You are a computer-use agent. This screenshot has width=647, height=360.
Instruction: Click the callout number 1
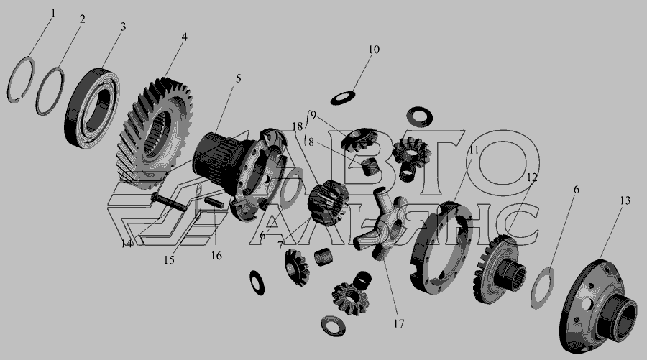[x=52, y=13]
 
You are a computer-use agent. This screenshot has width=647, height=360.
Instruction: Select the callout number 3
[x=123, y=27]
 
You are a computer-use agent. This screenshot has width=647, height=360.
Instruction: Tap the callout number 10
[x=373, y=50]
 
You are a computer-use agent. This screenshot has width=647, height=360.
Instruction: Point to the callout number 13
[x=625, y=200]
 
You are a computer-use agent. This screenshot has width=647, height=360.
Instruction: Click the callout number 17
[x=398, y=323]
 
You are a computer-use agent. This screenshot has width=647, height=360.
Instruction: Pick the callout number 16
[x=216, y=256]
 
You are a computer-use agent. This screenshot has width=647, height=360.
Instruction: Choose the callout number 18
[x=298, y=126]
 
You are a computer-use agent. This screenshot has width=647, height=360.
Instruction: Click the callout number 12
[x=532, y=177]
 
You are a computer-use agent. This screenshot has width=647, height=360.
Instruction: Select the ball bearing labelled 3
[x=92, y=108]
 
